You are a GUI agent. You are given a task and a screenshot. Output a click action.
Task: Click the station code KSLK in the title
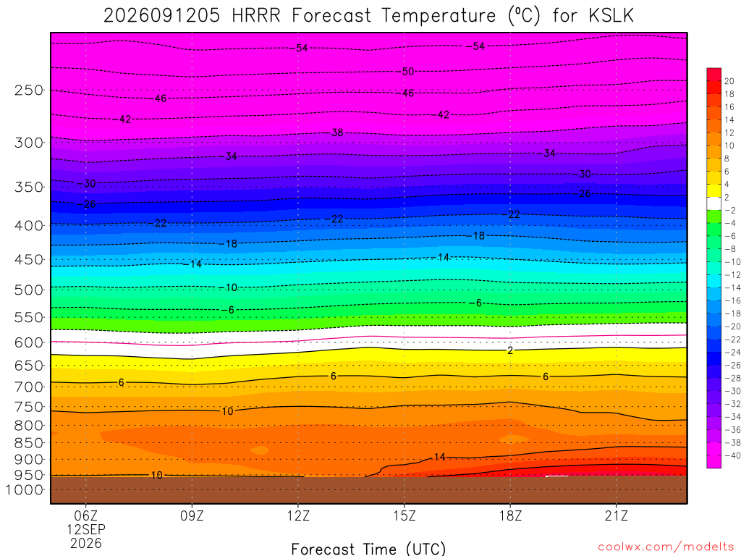coord(611,16)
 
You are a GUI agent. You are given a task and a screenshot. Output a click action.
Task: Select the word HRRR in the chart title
coord(255,16)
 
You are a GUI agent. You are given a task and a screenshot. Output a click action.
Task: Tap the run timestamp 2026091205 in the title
coord(161,16)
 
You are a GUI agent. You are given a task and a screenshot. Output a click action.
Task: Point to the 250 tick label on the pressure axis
coord(28,90)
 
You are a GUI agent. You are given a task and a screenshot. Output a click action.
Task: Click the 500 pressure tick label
coord(28,290)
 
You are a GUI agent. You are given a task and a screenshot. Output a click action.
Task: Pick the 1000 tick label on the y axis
coord(24,490)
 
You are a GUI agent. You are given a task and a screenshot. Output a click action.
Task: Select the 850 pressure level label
coord(28,443)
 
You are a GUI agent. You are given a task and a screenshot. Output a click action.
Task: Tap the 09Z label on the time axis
coord(192,515)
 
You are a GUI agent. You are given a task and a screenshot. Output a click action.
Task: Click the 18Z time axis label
coord(510,515)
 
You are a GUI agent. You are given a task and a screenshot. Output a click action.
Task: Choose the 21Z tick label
coord(617,515)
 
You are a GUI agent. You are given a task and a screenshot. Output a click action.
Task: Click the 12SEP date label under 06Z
coord(86,529)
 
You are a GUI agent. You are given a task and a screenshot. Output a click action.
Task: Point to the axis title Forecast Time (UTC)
coord(368,549)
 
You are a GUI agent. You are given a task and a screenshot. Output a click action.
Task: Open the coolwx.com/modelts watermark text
coord(666,547)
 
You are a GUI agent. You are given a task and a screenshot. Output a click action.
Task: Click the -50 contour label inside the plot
coord(408,72)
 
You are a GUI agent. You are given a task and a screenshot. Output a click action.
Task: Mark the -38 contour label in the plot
coord(337,132)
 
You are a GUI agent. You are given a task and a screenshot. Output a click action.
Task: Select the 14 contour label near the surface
coord(439,457)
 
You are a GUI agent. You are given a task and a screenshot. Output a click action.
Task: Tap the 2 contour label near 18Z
coord(510,350)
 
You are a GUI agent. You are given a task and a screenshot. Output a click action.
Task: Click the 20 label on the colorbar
coord(729,81)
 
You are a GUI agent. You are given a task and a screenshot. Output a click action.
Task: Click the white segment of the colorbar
coord(714,203)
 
